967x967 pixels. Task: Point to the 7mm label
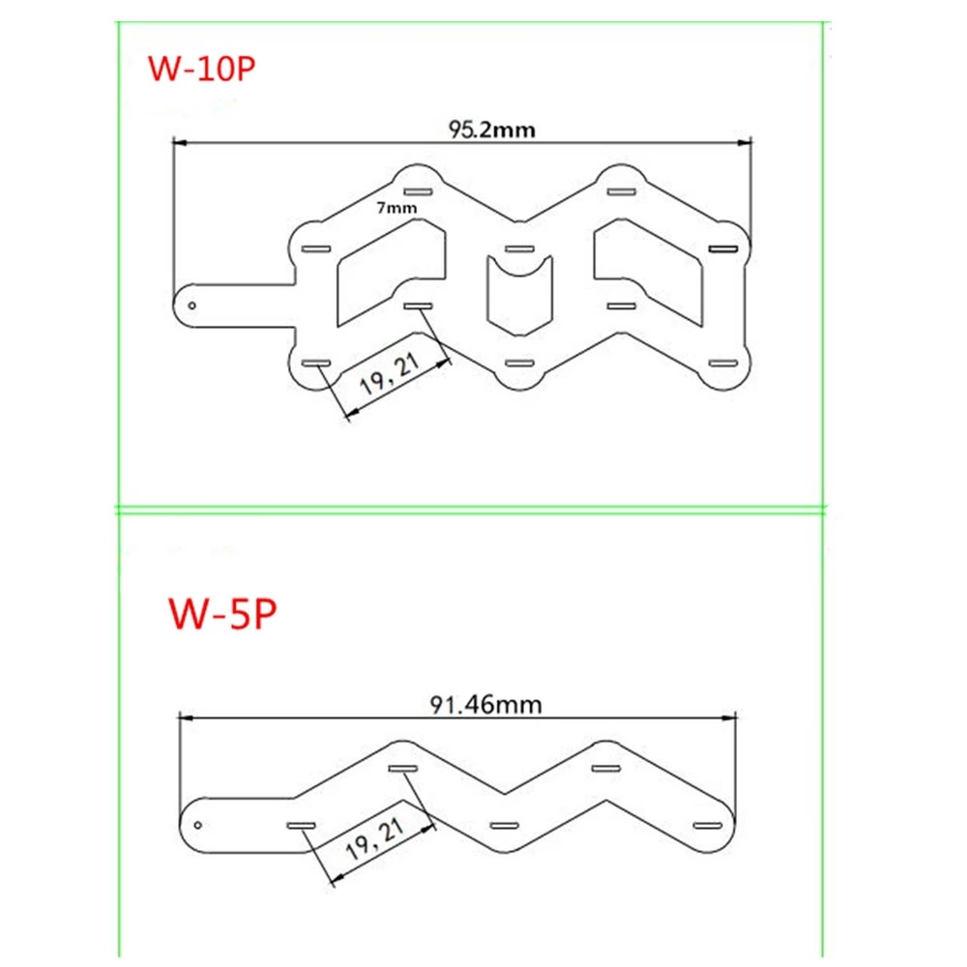point(397,207)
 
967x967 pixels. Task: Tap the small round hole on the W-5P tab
point(199,825)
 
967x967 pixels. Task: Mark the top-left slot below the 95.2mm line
point(417,191)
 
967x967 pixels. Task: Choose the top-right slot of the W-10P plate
point(619,191)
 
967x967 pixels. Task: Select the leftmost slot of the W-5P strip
point(303,825)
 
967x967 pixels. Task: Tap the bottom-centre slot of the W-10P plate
point(519,364)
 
